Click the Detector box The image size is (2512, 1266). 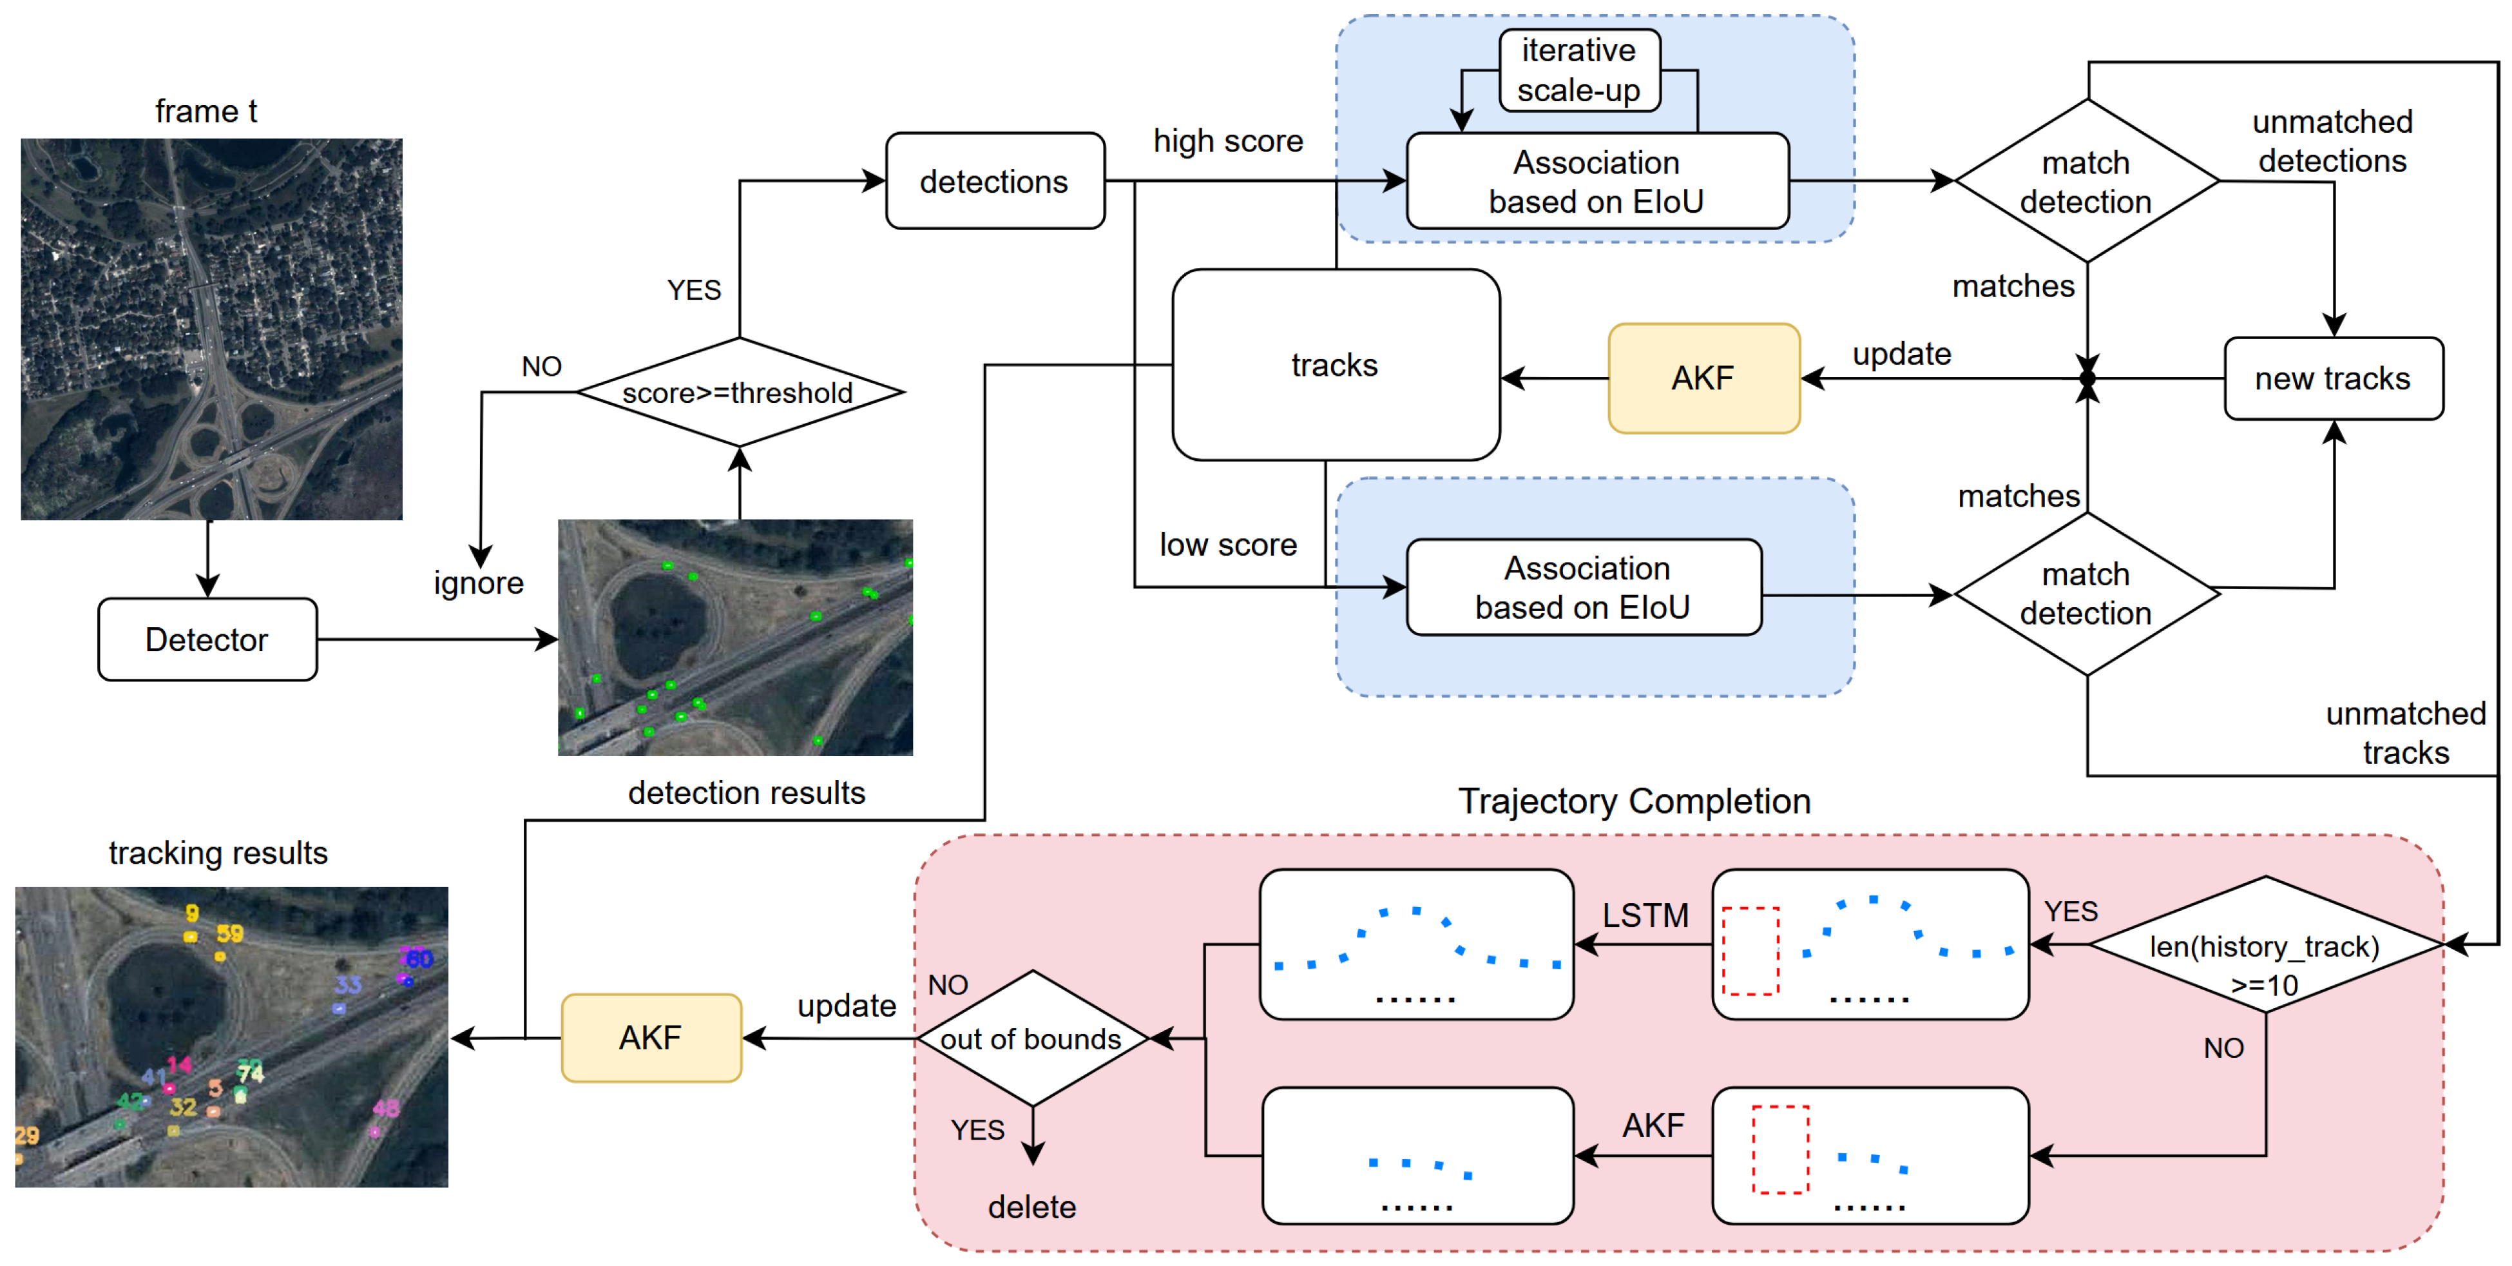pyautogui.click(x=207, y=640)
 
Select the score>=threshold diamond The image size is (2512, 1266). pyautogui.click(x=739, y=392)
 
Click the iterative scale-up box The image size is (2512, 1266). pyautogui.click(x=1578, y=70)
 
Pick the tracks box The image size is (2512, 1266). pyautogui.click(x=1335, y=365)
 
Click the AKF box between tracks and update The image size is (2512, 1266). pyautogui.click(x=1703, y=378)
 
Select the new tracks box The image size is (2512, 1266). pyautogui.click(x=2332, y=378)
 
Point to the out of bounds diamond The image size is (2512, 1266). pyautogui.click(x=1031, y=1038)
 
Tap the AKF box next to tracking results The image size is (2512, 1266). pyautogui.click(x=651, y=1038)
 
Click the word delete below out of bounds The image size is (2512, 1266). pyautogui.click(x=1031, y=1207)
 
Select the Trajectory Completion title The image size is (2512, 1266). pyautogui.click(x=1635, y=801)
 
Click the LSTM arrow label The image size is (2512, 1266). pyautogui.click(x=1645, y=915)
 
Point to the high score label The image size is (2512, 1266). pyautogui.click(x=1228, y=141)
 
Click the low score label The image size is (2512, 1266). pyautogui.click(x=1228, y=544)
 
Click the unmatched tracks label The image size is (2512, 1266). pyautogui.click(x=2405, y=732)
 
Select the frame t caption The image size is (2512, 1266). pyautogui.click(x=206, y=111)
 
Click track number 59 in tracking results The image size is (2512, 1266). pyautogui.click(x=230, y=933)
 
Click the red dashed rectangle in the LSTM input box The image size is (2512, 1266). pyautogui.click(x=1750, y=951)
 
